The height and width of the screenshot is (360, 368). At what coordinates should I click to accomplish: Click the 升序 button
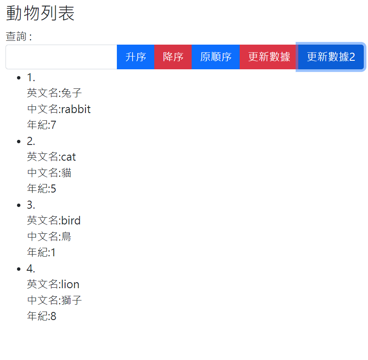pyautogui.click(x=136, y=57)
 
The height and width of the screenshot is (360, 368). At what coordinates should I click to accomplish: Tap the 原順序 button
pyautogui.click(x=215, y=57)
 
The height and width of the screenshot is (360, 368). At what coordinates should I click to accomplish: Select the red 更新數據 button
pyautogui.click(x=269, y=57)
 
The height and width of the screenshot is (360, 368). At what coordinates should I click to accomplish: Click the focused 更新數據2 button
pyautogui.click(x=331, y=57)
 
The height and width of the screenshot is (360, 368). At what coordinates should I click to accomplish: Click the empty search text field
pyautogui.click(x=61, y=57)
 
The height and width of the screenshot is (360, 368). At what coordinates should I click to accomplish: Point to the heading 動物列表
pyautogui.click(x=40, y=13)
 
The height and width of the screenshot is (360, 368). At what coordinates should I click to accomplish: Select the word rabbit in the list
pyautogui.click(x=76, y=109)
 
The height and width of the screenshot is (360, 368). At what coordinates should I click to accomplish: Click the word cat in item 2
pyautogui.click(x=68, y=157)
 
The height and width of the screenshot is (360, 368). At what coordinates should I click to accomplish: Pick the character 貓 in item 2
pyautogui.click(x=66, y=173)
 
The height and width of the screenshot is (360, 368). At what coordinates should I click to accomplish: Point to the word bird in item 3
pyautogui.click(x=71, y=221)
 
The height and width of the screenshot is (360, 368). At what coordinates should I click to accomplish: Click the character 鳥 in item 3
pyautogui.click(x=66, y=236)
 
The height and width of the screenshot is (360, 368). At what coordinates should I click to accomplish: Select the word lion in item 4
pyautogui.click(x=70, y=284)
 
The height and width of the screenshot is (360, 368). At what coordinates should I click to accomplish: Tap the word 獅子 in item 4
pyautogui.click(x=71, y=300)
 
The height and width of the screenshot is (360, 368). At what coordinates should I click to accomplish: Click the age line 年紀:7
pyautogui.click(x=42, y=125)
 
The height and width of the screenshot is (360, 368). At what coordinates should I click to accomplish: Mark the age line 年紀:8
pyautogui.click(x=42, y=316)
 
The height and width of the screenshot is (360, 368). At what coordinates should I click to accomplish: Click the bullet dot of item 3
pyautogui.click(x=19, y=205)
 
